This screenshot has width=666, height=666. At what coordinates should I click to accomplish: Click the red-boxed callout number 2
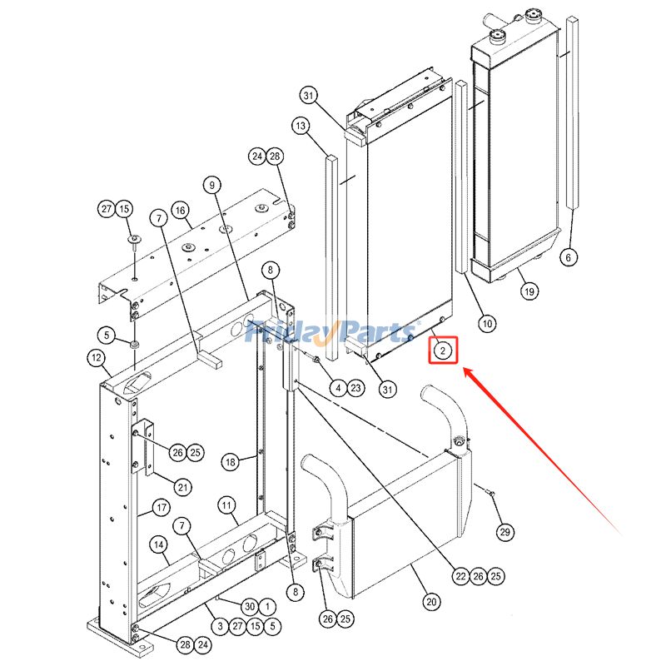click(x=444, y=350)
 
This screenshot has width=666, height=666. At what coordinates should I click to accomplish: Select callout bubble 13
click(x=301, y=126)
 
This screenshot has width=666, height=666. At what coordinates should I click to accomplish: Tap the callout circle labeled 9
click(x=212, y=184)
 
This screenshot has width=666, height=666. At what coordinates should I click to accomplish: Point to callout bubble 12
click(x=97, y=359)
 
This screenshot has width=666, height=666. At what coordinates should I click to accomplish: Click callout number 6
click(x=569, y=257)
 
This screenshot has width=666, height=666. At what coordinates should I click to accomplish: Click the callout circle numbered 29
click(x=504, y=532)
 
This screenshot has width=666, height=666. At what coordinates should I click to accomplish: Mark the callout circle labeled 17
click(x=160, y=507)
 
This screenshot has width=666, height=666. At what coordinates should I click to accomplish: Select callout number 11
click(x=226, y=504)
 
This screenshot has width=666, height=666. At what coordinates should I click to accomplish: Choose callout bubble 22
click(x=460, y=575)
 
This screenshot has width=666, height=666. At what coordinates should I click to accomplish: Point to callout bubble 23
click(x=355, y=387)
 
